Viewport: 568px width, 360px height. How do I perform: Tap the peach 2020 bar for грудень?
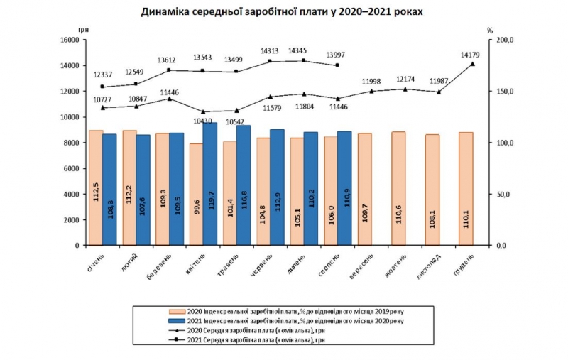[x=466, y=188]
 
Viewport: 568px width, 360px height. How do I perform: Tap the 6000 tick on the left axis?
[x=70, y=168]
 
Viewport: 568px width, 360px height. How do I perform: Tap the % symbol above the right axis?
[x=490, y=31]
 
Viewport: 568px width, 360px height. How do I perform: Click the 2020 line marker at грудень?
[x=472, y=64]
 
